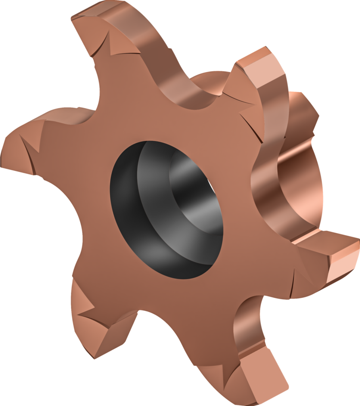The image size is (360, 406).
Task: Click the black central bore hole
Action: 167,210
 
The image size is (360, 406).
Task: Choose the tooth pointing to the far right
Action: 337,254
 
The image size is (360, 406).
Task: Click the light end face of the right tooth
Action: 341,262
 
